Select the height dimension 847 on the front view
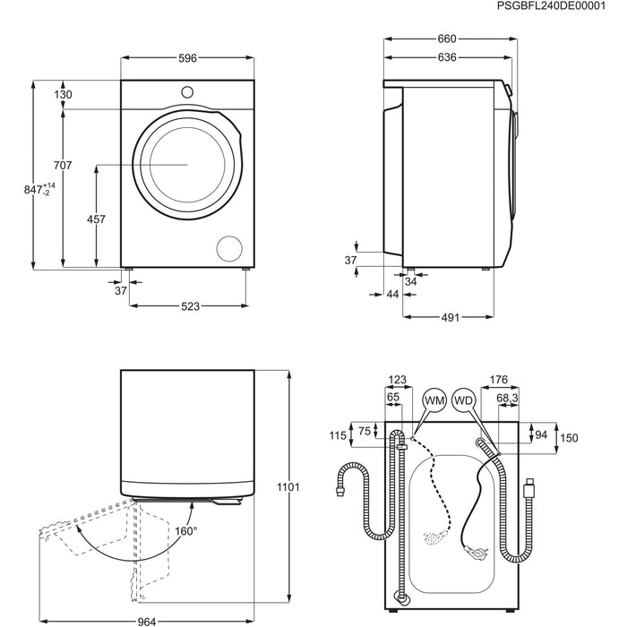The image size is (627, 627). click(34, 191)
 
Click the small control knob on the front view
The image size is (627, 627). click(188, 91)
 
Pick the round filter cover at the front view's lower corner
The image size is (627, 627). click(230, 248)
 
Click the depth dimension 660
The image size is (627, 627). click(446, 39)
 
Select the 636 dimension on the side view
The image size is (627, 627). click(446, 57)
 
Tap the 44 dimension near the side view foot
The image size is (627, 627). click(392, 294)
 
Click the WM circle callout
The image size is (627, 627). click(434, 399)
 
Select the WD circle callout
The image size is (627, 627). click(463, 399)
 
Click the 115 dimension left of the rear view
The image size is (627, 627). click(337, 436)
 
